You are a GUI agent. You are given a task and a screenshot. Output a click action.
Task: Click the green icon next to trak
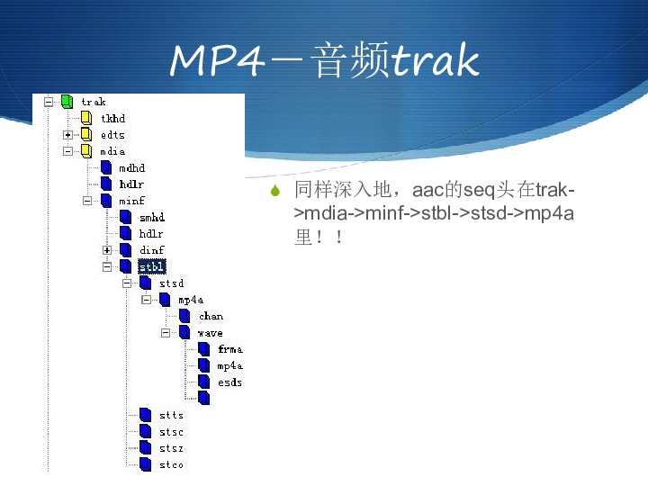pyautogui.click(x=67, y=102)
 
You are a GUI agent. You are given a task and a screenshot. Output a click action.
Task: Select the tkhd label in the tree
pyautogui.click(x=112, y=119)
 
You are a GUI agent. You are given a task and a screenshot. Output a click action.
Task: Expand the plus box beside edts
pyautogui.click(x=67, y=135)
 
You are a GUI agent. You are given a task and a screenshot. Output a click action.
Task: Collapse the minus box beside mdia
pyautogui.click(x=67, y=151)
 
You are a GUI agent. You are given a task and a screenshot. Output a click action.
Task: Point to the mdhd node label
pyautogui.click(x=131, y=168)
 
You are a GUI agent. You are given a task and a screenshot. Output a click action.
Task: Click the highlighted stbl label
pyautogui.click(x=152, y=267)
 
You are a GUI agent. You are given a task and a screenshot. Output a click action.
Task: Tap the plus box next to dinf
pyautogui.click(x=107, y=250)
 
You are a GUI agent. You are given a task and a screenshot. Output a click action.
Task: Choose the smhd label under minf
pyautogui.click(x=152, y=218)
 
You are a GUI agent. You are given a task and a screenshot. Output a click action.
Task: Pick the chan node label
pyautogui.click(x=211, y=317)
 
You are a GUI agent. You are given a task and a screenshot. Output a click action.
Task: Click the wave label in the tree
pyautogui.click(x=211, y=333)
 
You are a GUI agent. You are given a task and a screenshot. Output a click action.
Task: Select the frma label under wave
pyautogui.click(x=230, y=349)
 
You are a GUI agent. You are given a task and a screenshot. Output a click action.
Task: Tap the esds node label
pyautogui.click(x=229, y=382)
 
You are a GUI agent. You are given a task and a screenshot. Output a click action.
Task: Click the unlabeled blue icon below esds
pyautogui.click(x=204, y=398)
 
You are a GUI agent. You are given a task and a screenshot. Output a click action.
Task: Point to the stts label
pyautogui.click(x=171, y=415)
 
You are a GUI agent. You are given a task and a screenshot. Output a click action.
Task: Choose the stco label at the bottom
pyautogui.click(x=171, y=465)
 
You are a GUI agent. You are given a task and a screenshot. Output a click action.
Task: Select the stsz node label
pyautogui.click(x=171, y=448)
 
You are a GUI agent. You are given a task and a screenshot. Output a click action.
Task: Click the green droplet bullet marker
pyautogui.click(x=275, y=191)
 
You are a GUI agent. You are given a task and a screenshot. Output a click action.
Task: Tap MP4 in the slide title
pyautogui.click(x=217, y=60)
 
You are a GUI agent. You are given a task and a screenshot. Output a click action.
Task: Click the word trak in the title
pyautogui.click(x=435, y=60)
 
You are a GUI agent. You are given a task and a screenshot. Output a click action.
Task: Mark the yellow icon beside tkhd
pyautogui.click(x=86, y=118)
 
